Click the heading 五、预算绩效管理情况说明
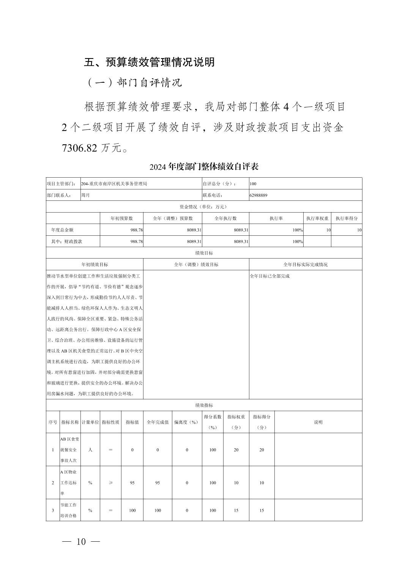click(149, 62)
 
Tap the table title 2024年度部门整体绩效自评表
click(204, 167)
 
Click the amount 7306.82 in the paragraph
click(79, 148)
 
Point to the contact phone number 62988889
click(258, 195)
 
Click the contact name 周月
click(85, 195)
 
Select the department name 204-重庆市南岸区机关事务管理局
click(114, 184)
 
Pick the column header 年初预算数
click(121, 218)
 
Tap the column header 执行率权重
click(317, 218)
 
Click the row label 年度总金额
click(62, 230)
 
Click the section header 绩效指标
click(204, 405)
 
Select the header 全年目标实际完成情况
click(305, 265)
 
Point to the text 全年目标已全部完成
click(269, 276)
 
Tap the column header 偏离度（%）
click(187, 422)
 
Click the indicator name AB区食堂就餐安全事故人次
click(70, 450)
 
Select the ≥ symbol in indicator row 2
click(110, 483)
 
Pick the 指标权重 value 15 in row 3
click(236, 510)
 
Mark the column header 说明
click(318, 422)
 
